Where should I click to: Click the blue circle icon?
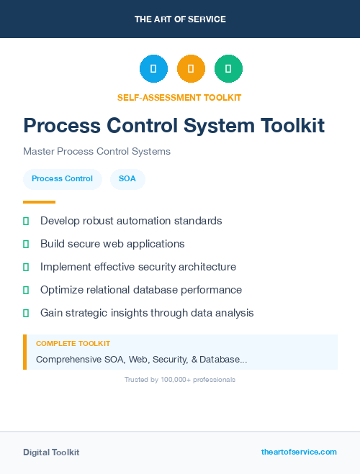(153, 69)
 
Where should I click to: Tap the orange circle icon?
(191, 69)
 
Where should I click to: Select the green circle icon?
(228, 69)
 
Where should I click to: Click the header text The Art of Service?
(180, 19)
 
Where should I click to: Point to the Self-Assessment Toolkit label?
(179, 97)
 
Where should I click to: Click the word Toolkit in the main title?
(288, 125)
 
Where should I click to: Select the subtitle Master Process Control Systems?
(96, 152)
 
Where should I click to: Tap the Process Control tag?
(62, 178)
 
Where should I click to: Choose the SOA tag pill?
(127, 178)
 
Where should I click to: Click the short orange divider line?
(39, 202)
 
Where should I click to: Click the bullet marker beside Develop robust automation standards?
(26, 221)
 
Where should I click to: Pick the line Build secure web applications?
(112, 244)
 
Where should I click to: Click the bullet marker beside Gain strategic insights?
(26, 313)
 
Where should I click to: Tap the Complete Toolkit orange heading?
(73, 344)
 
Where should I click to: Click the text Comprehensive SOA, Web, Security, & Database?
(141, 359)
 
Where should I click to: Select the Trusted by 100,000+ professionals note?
(180, 379)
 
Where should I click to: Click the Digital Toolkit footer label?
(51, 452)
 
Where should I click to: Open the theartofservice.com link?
(299, 452)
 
